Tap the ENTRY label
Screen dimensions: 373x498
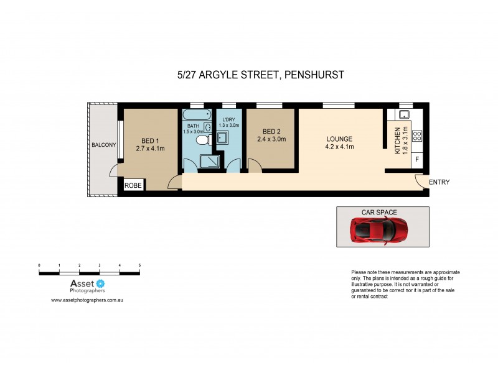click(x=439, y=182)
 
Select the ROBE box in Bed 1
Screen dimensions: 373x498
click(x=133, y=185)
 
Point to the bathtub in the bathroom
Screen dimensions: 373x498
click(x=197, y=114)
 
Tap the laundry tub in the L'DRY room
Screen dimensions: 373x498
click(x=223, y=138)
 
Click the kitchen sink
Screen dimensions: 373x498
click(x=403, y=114)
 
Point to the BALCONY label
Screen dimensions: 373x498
click(x=103, y=145)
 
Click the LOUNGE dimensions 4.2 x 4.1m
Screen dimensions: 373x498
click(x=339, y=147)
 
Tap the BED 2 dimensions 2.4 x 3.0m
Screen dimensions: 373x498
click(x=271, y=140)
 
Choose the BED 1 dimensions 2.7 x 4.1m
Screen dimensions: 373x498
click(x=150, y=149)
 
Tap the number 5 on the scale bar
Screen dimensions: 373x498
click(x=139, y=265)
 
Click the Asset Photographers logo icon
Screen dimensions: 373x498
click(x=99, y=283)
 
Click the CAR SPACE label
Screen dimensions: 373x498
click(x=379, y=212)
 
